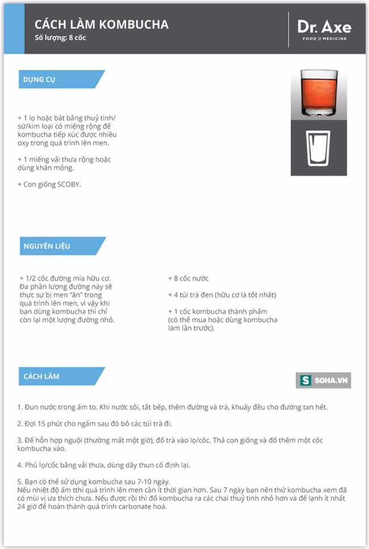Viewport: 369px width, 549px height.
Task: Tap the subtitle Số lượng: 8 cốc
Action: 60,38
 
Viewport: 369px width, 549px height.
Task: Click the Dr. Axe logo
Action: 324,27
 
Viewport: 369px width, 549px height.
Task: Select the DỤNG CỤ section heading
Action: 40,80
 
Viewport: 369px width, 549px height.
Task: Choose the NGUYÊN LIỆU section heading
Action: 47,246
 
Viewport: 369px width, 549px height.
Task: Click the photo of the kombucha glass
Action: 318,95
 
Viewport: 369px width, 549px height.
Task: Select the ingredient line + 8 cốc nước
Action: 188,278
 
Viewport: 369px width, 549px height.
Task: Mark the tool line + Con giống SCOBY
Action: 49,185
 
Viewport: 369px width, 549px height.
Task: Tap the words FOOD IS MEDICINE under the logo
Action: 324,39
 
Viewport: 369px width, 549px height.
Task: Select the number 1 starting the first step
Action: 19,407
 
